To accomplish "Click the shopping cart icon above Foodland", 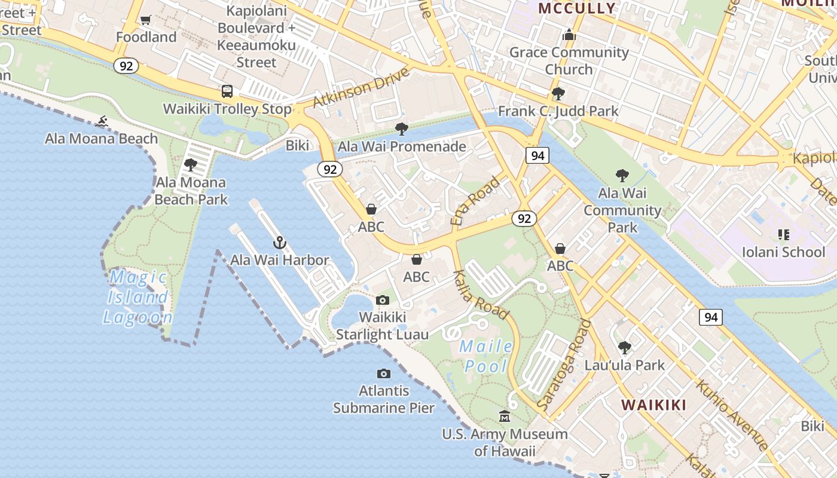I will [x=145, y=20].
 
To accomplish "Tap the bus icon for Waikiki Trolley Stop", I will [x=227, y=91].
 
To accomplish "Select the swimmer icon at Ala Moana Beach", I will [x=102, y=122].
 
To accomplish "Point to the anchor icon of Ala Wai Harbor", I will [x=280, y=243].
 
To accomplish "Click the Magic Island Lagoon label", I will [x=138, y=297].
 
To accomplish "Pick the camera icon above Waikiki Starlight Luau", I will [x=383, y=300].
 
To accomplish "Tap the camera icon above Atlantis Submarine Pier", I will [x=384, y=374].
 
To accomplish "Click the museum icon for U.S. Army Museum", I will [x=505, y=416].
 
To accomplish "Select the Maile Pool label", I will [x=485, y=356].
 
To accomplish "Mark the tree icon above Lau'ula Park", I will [x=624, y=347].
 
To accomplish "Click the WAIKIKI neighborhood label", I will [x=653, y=405].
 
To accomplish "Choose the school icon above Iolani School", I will [x=783, y=235].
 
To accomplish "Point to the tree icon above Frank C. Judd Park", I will [x=558, y=94].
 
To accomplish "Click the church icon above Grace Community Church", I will [x=569, y=35].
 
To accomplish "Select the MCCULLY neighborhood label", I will [x=577, y=8].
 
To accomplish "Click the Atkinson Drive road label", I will [x=361, y=88].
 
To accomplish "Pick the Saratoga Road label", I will [x=564, y=364].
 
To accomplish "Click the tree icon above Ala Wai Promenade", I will [x=402, y=129].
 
